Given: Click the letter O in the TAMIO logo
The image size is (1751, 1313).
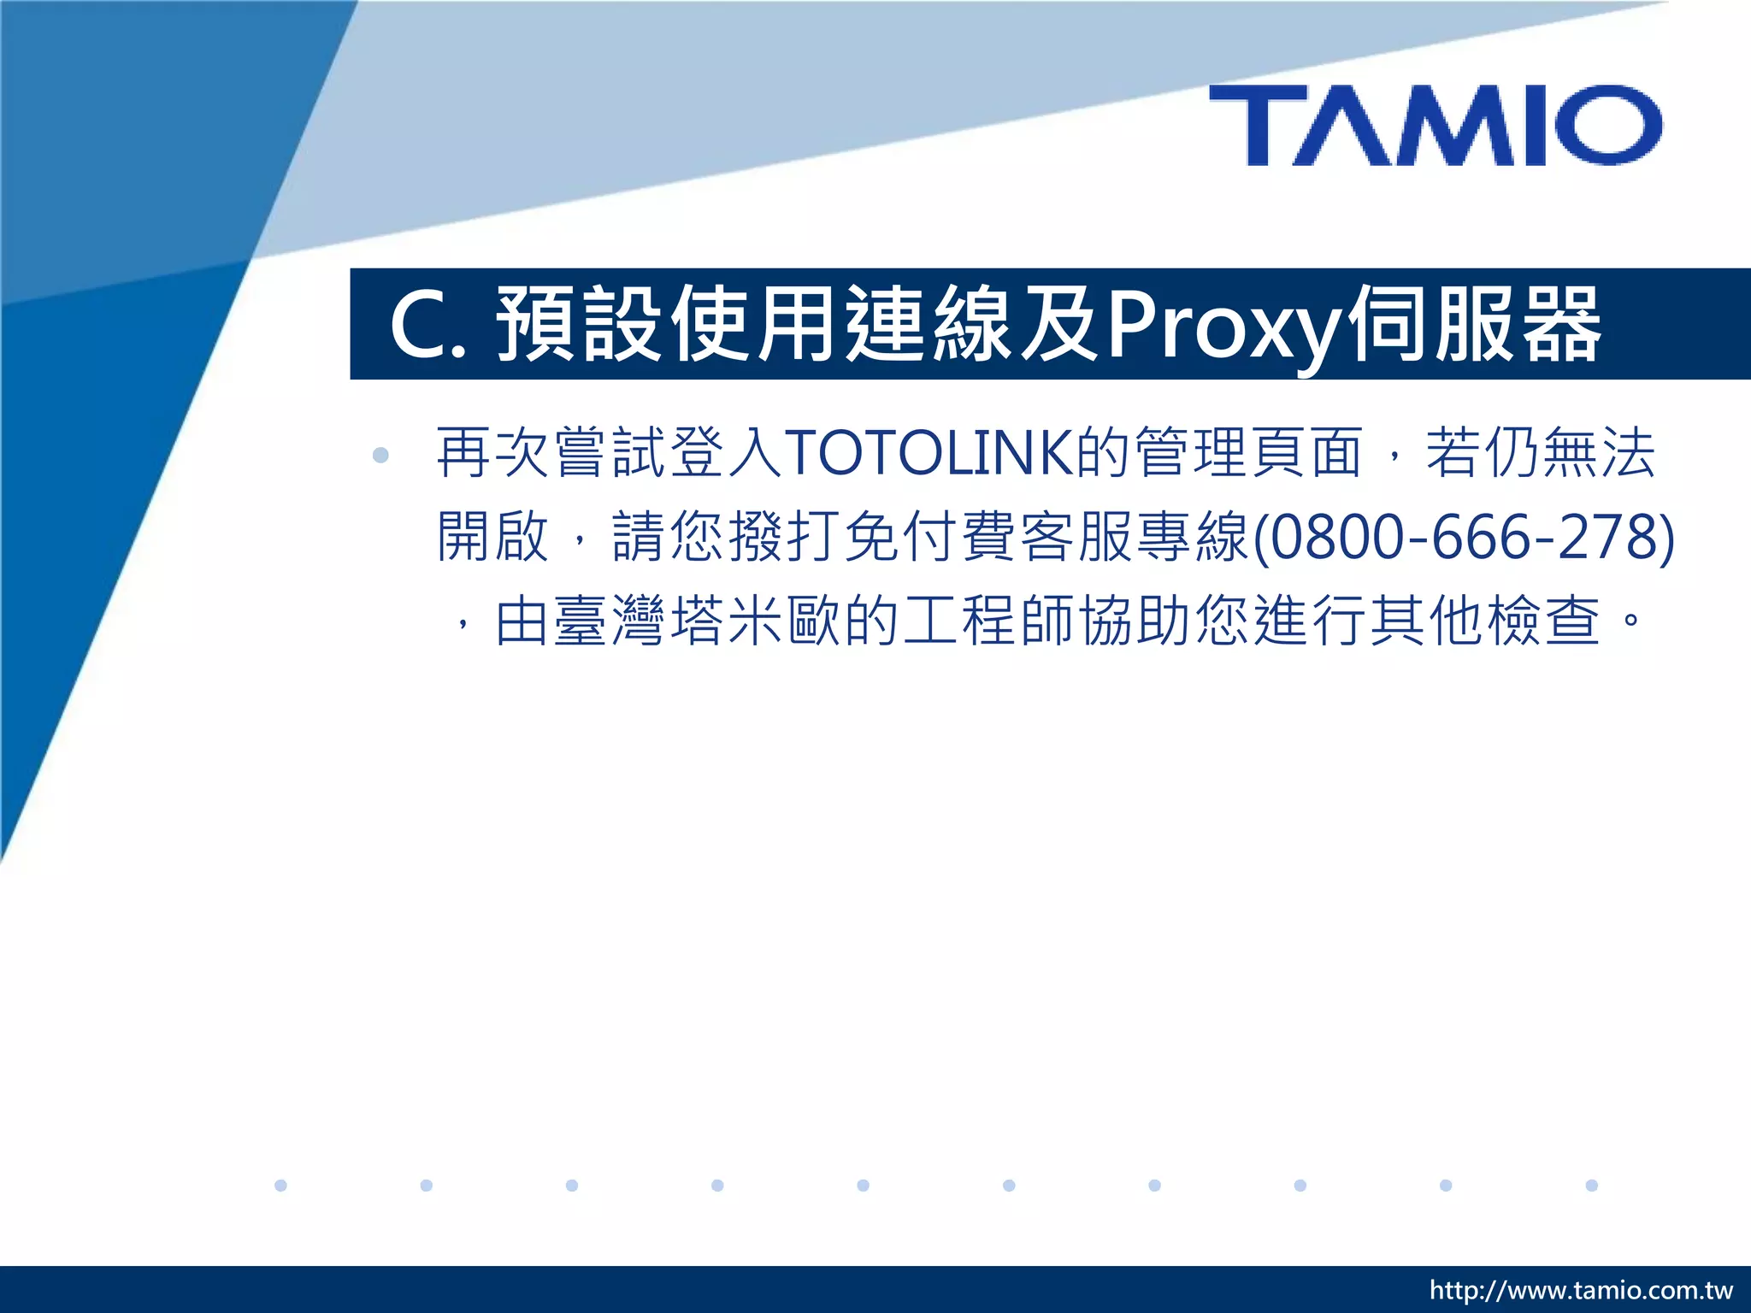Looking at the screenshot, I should tap(1608, 125).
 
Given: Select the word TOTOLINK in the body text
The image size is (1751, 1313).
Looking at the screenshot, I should tap(929, 452).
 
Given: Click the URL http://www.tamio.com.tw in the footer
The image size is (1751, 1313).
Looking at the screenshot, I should tap(1580, 1290).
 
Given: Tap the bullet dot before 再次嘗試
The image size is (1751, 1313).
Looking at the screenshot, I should tap(380, 455).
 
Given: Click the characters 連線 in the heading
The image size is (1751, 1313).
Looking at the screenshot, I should tap(929, 324).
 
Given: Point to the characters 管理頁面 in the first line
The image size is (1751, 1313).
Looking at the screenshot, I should tap(1248, 452).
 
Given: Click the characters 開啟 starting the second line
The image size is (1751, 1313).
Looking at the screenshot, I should tap(492, 537).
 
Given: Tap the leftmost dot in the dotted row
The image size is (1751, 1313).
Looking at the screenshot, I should tap(280, 1185).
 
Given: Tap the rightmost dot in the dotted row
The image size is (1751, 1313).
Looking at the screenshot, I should tap(1591, 1185).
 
